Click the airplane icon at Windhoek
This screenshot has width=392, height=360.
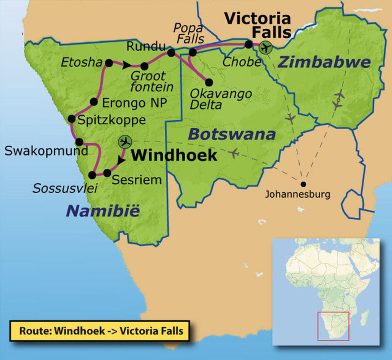[x=125, y=142]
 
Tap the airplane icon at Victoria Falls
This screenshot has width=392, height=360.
[x=265, y=47]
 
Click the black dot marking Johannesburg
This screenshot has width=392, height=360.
[x=303, y=184]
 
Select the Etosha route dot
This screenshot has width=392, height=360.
[x=109, y=63]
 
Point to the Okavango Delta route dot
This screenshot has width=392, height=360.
[x=209, y=82]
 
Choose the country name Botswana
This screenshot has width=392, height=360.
[x=232, y=134]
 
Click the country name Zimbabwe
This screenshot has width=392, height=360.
[x=324, y=62]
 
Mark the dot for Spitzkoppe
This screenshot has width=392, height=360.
[x=71, y=119]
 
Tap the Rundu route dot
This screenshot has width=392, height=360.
[x=171, y=52]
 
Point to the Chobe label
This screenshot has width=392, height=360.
[x=242, y=62]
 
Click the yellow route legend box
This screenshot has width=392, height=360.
[x=100, y=331]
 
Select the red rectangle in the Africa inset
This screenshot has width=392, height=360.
[x=333, y=326]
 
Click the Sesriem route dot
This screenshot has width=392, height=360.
[x=107, y=173]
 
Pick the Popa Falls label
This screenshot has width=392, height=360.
[x=188, y=33]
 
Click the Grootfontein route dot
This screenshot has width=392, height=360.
[x=144, y=66]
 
